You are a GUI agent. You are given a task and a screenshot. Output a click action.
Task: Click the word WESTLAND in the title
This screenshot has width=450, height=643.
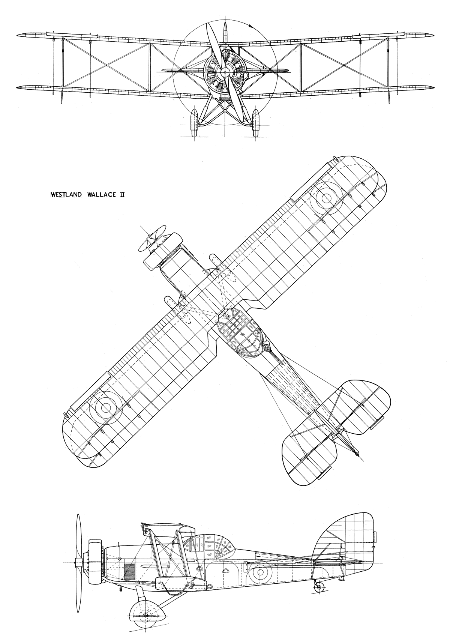click(66, 195)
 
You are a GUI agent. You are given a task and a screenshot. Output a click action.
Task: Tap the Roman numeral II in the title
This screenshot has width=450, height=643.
click(121, 195)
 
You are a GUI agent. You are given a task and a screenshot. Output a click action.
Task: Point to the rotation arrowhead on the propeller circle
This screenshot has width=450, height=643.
click(251, 27)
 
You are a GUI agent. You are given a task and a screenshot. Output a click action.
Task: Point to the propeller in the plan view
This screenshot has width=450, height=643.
click(152, 238)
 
